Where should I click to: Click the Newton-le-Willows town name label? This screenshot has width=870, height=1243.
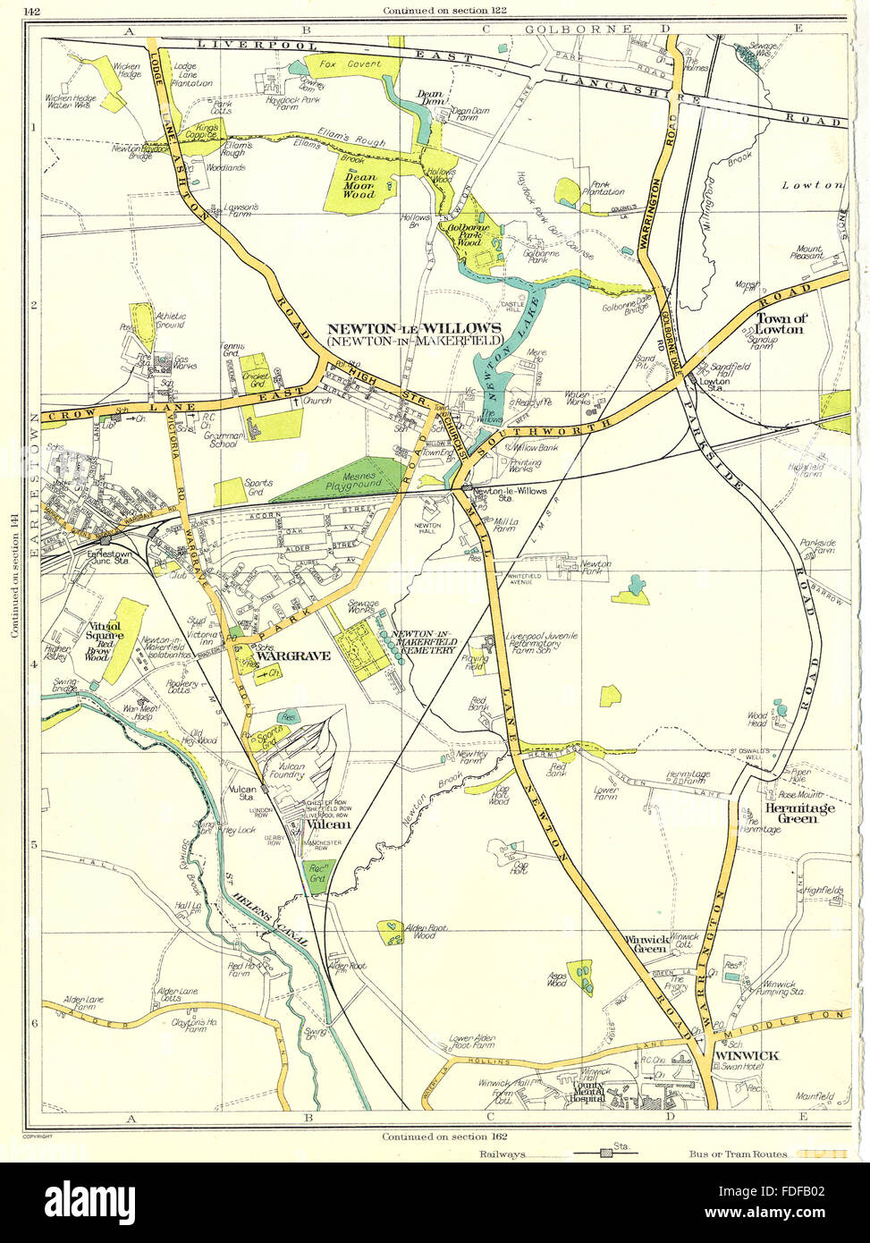(x=418, y=327)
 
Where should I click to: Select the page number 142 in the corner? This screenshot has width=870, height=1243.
(x=32, y=11)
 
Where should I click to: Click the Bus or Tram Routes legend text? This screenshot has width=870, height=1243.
(x=738, y=1154)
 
